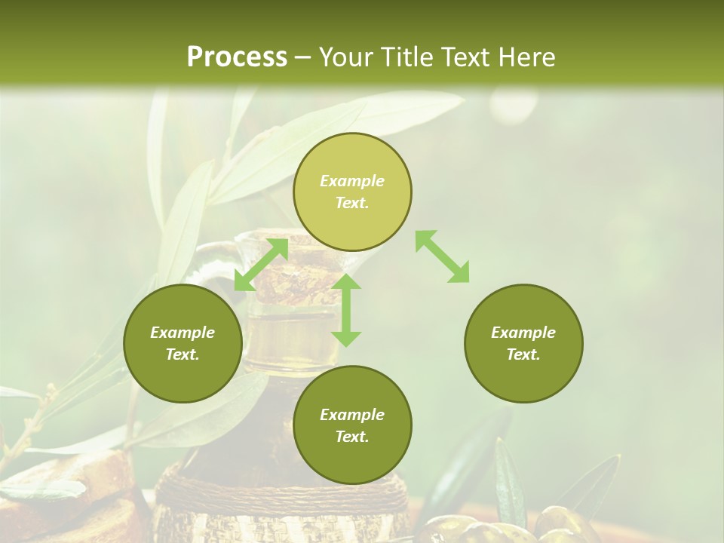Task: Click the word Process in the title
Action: pos(237,57)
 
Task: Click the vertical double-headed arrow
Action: pos(346,311)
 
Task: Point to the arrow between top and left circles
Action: pos(261,265)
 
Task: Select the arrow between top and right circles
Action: pos(442,257)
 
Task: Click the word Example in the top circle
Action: pos(352,181)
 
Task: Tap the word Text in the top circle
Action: pos(352,203)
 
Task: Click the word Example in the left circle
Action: pos(183,333)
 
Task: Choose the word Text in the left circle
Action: pos(183,354)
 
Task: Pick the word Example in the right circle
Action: pos(523,333)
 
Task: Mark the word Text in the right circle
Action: pos(523,354)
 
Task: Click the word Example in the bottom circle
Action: pos(352,415)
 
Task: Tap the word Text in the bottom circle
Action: pos(352,437)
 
